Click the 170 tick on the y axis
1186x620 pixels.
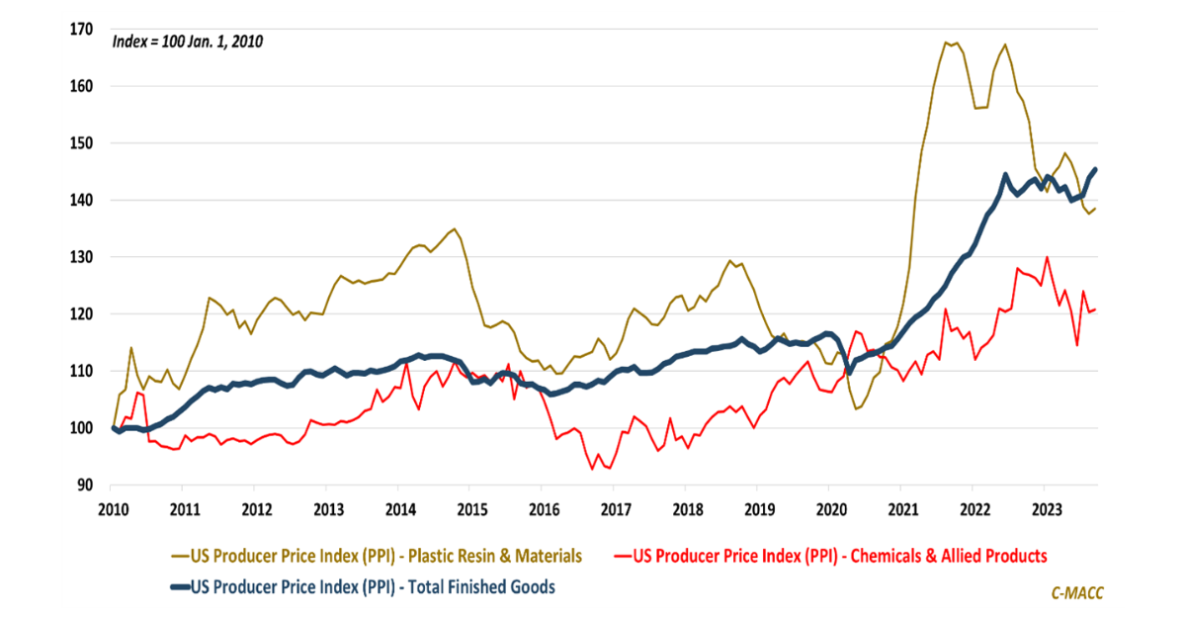pos(81,30)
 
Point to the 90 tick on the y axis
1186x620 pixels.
pos(85,486)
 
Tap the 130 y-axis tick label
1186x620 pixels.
pos(81,257)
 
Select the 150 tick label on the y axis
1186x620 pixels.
pos(81,143)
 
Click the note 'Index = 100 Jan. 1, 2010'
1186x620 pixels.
pos(188,42)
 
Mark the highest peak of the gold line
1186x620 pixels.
pos(946,43)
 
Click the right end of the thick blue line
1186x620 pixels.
pos(1094,170)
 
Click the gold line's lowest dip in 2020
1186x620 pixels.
pos(855,408)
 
